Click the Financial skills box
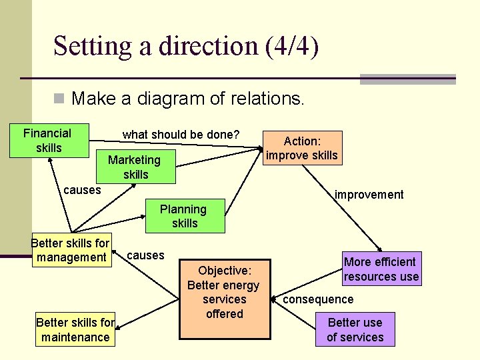coord(47,140)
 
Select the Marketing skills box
coord(135,167)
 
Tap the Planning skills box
coord(183,216)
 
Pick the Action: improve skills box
coord(302,148)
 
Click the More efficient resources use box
coord(381,269)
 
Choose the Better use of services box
coord(355,329)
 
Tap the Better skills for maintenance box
coord(75,329)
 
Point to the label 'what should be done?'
coord(181,134)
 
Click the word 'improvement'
coord(369,195)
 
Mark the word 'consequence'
coord(318,299)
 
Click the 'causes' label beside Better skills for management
coord(145,255)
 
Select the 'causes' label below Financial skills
coord(82,189)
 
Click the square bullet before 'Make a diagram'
coord(59,99)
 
